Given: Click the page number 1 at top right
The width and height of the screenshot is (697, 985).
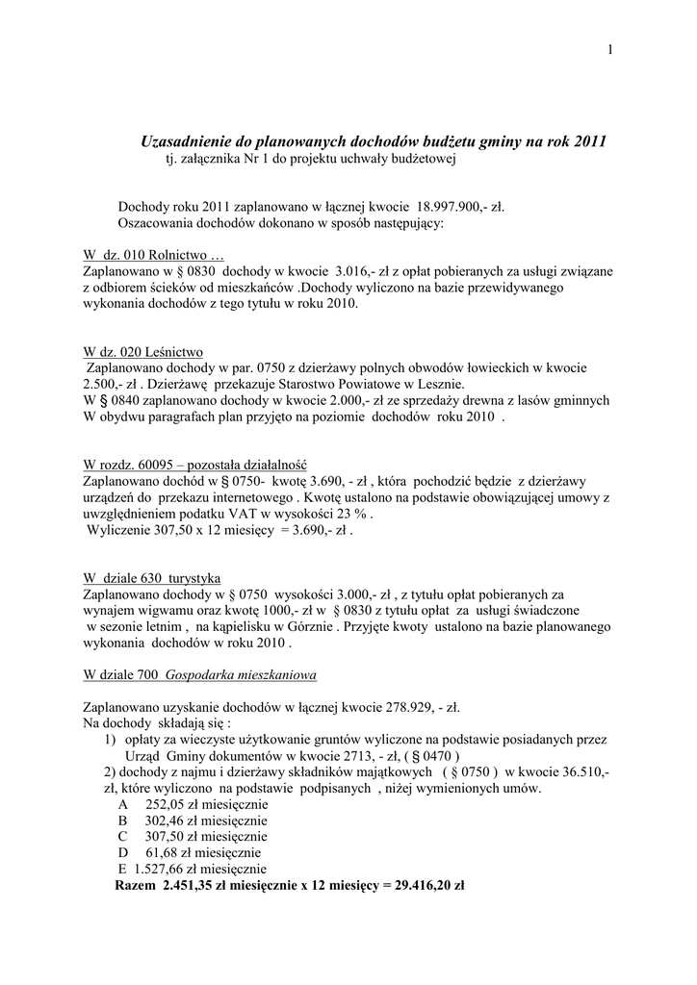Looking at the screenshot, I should (610, 50).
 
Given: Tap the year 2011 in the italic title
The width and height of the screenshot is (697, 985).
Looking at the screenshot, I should (589, 140).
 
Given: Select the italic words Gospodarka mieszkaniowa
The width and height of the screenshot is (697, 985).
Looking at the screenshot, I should (242, 674).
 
